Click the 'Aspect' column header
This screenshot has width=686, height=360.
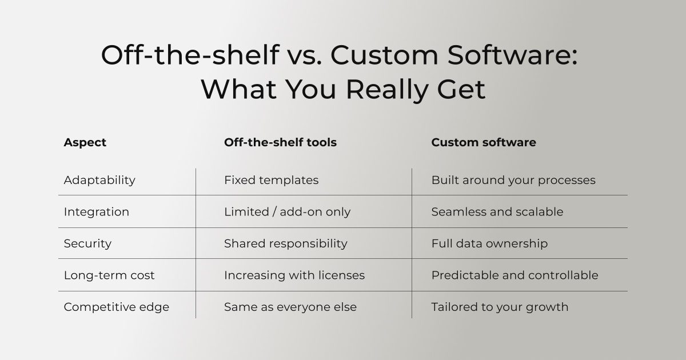[85, 143]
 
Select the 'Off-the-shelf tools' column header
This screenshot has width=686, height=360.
[280, 142]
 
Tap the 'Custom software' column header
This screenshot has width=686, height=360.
[484, 142]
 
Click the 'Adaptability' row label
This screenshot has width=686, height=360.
[99, 181]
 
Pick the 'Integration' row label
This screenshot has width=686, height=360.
[97, 212]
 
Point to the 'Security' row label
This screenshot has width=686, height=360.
[87, 243]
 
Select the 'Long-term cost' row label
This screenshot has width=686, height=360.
[109, 275]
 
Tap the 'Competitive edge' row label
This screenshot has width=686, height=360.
[117, 307]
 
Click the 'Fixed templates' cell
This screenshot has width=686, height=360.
[272, 181]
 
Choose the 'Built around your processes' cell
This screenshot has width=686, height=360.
[513, 181]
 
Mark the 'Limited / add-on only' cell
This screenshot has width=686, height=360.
[287, 212]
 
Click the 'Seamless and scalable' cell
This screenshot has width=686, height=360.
[497, 212]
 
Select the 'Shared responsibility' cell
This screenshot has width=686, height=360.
[286, 243]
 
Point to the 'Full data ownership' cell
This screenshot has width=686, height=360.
[490, 243]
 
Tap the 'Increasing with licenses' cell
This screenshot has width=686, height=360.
[294, 275]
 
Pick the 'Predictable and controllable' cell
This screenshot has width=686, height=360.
[515, 275]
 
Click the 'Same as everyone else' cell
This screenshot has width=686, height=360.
[290, 307]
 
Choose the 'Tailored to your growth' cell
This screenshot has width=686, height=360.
[500, 307]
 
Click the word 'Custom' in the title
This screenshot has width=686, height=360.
[384, 55]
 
